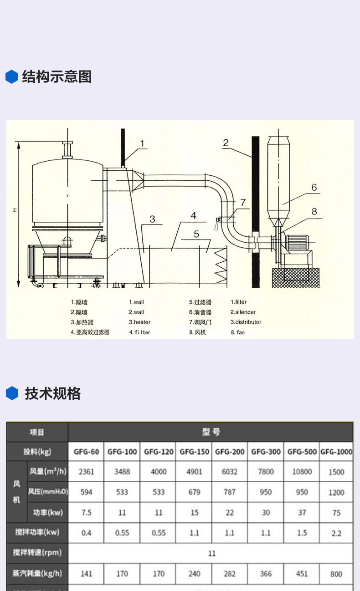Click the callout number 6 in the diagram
(314, 188)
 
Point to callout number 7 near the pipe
(243, 202)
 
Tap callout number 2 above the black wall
(226, 143)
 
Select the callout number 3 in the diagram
(152, 219)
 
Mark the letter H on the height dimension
(15, 210)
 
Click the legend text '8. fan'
(237, 332)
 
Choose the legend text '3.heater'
(139, 322)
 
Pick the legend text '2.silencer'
(243, 312)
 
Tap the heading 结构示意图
(57, 76)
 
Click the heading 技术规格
(52, 393)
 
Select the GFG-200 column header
(230, 452)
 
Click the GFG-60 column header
(86, 452)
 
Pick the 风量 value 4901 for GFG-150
(194, 472)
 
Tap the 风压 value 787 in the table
(230, 492)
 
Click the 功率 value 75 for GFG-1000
(336, 513)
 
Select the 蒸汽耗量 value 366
(266, 574)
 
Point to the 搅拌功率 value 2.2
(336, 533)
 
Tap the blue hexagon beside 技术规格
(12, 393)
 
